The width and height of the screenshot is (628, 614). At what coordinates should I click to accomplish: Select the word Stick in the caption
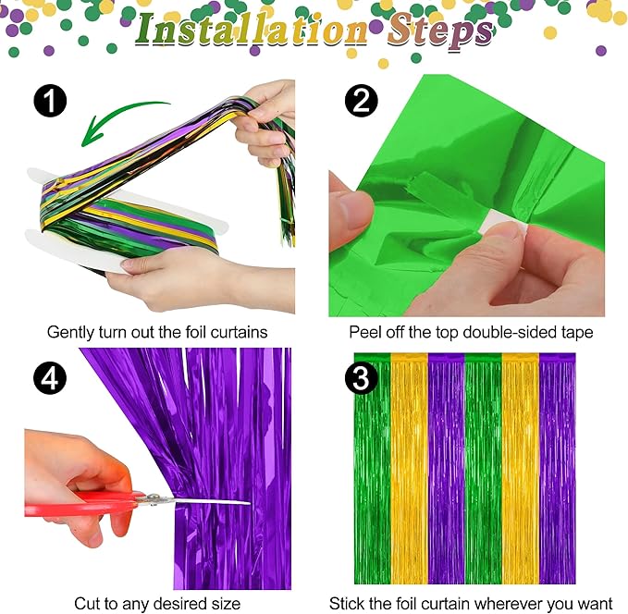click(x=346, y=604)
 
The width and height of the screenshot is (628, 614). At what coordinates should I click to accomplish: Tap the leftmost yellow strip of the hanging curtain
click(x=408, y=462)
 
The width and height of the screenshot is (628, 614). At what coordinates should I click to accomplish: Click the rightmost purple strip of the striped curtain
click(x=557, y=462)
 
